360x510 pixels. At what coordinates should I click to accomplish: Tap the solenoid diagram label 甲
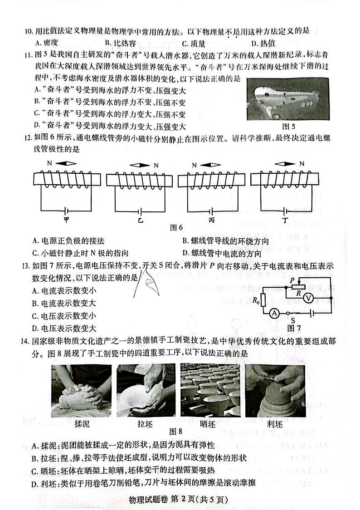coord(67,218)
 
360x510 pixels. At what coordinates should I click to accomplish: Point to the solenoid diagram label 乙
coord(141,219)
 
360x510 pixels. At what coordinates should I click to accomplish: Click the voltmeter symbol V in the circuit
coord(320,298)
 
